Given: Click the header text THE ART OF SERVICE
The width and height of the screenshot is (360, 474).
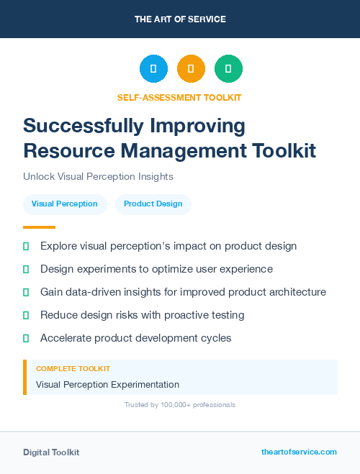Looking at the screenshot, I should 180,19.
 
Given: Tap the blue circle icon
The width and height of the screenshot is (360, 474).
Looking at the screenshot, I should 153,69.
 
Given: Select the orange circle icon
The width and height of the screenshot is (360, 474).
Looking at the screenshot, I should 191,69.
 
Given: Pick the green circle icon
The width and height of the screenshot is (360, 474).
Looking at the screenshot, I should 228,69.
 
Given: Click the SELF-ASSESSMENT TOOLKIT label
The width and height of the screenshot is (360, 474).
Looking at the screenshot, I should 179,98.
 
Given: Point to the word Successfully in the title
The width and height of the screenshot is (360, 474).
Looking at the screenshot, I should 84,126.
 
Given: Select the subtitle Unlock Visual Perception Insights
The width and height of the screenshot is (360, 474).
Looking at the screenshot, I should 98,176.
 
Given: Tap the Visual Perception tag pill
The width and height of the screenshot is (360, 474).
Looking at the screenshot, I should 65,204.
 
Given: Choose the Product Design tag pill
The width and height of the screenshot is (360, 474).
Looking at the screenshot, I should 153,204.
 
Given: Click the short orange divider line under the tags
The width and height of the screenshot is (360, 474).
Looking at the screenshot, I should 39,227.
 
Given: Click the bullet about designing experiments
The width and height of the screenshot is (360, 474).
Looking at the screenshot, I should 156,269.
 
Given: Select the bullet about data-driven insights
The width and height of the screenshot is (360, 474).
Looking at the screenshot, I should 183,292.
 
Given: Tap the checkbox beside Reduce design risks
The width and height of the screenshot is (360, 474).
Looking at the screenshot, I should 26,315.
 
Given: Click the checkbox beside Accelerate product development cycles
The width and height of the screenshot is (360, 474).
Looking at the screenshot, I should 26,338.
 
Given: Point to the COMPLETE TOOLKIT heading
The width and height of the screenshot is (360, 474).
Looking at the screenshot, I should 73,368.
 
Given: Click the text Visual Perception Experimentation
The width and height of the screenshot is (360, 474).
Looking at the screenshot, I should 107,385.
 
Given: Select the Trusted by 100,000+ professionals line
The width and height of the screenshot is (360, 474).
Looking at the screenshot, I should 179,405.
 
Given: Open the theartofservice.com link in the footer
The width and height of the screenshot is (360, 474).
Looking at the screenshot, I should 299,452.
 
